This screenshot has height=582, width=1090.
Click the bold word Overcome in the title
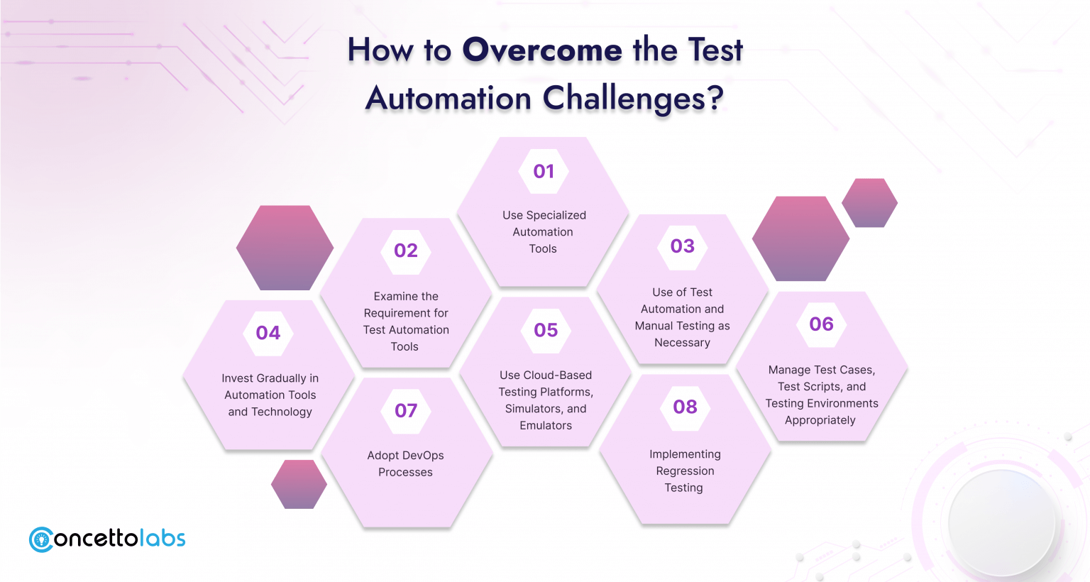[542, 50]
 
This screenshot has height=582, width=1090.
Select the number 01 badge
[544, 171]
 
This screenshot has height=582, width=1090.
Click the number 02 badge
[406, 251]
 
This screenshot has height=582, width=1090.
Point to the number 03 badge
[682, 246]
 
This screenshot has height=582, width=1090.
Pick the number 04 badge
[268, 333]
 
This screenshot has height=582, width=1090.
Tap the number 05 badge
[546, 331]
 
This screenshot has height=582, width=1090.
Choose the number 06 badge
[821, 324]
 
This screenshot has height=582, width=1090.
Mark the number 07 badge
[406, 411]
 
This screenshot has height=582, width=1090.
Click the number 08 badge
[685, 407]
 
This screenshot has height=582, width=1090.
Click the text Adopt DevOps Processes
[405, 463]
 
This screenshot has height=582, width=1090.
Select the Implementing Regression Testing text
[685, 471]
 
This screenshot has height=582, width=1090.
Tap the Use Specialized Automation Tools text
[544, 231]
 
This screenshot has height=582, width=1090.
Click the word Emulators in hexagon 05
[546, 425]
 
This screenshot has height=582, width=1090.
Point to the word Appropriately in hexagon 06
[820, 420]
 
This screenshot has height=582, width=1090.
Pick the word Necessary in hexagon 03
[682, 343]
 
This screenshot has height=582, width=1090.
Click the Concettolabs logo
[107, 539]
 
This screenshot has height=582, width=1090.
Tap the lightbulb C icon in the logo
[41, 539]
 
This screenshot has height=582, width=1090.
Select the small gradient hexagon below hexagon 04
[299, 484]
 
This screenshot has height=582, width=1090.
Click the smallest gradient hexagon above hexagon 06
[869, 203]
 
